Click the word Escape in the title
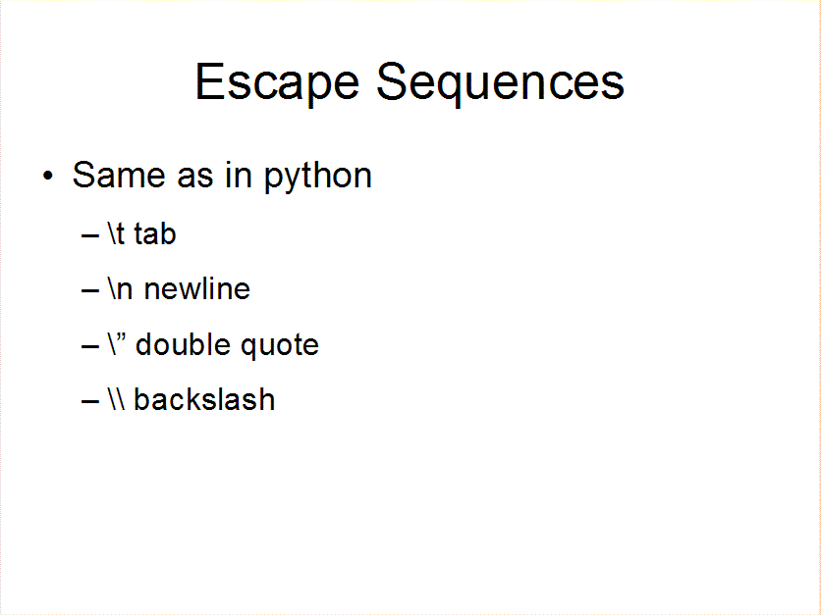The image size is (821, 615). tap(277, 82)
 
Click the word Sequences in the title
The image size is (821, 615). tap(500, 82)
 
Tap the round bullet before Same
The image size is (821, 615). tap(48, 176)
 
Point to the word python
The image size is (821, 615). tap(318, 177)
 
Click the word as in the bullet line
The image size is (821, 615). tap(195, 178)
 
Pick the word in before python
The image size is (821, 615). tap(239, 175)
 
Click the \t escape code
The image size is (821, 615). tap(116, 233)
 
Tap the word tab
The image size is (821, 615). tap(155, 233)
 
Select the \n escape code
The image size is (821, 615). tap(121, 288)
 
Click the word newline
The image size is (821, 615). tap(196, 288)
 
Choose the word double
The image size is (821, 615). tap(183, 344)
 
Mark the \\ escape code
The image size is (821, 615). tap(117, 398)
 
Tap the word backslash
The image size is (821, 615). tap(204, 399)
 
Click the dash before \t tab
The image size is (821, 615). tap(90, 235)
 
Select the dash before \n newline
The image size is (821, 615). tap(90, 290)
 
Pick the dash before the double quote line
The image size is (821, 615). tap(90, 346)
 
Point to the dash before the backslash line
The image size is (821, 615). tap(90, 401)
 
